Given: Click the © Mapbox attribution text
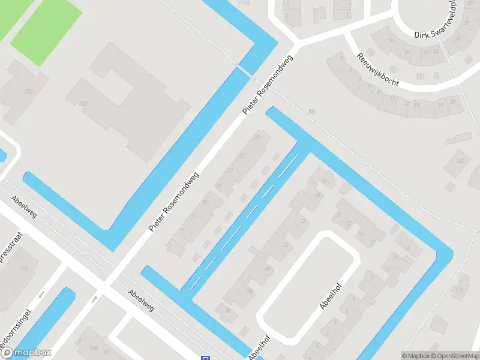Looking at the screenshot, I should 415,356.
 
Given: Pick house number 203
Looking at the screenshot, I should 28,91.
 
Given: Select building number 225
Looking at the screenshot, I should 82,104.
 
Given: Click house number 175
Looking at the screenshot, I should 460,292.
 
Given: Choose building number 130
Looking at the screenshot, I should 94,348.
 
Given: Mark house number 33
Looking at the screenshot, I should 258,137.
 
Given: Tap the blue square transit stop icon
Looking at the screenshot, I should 205,358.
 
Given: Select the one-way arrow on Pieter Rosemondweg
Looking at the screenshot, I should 94,298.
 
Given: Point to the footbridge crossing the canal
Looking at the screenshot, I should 244,71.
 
